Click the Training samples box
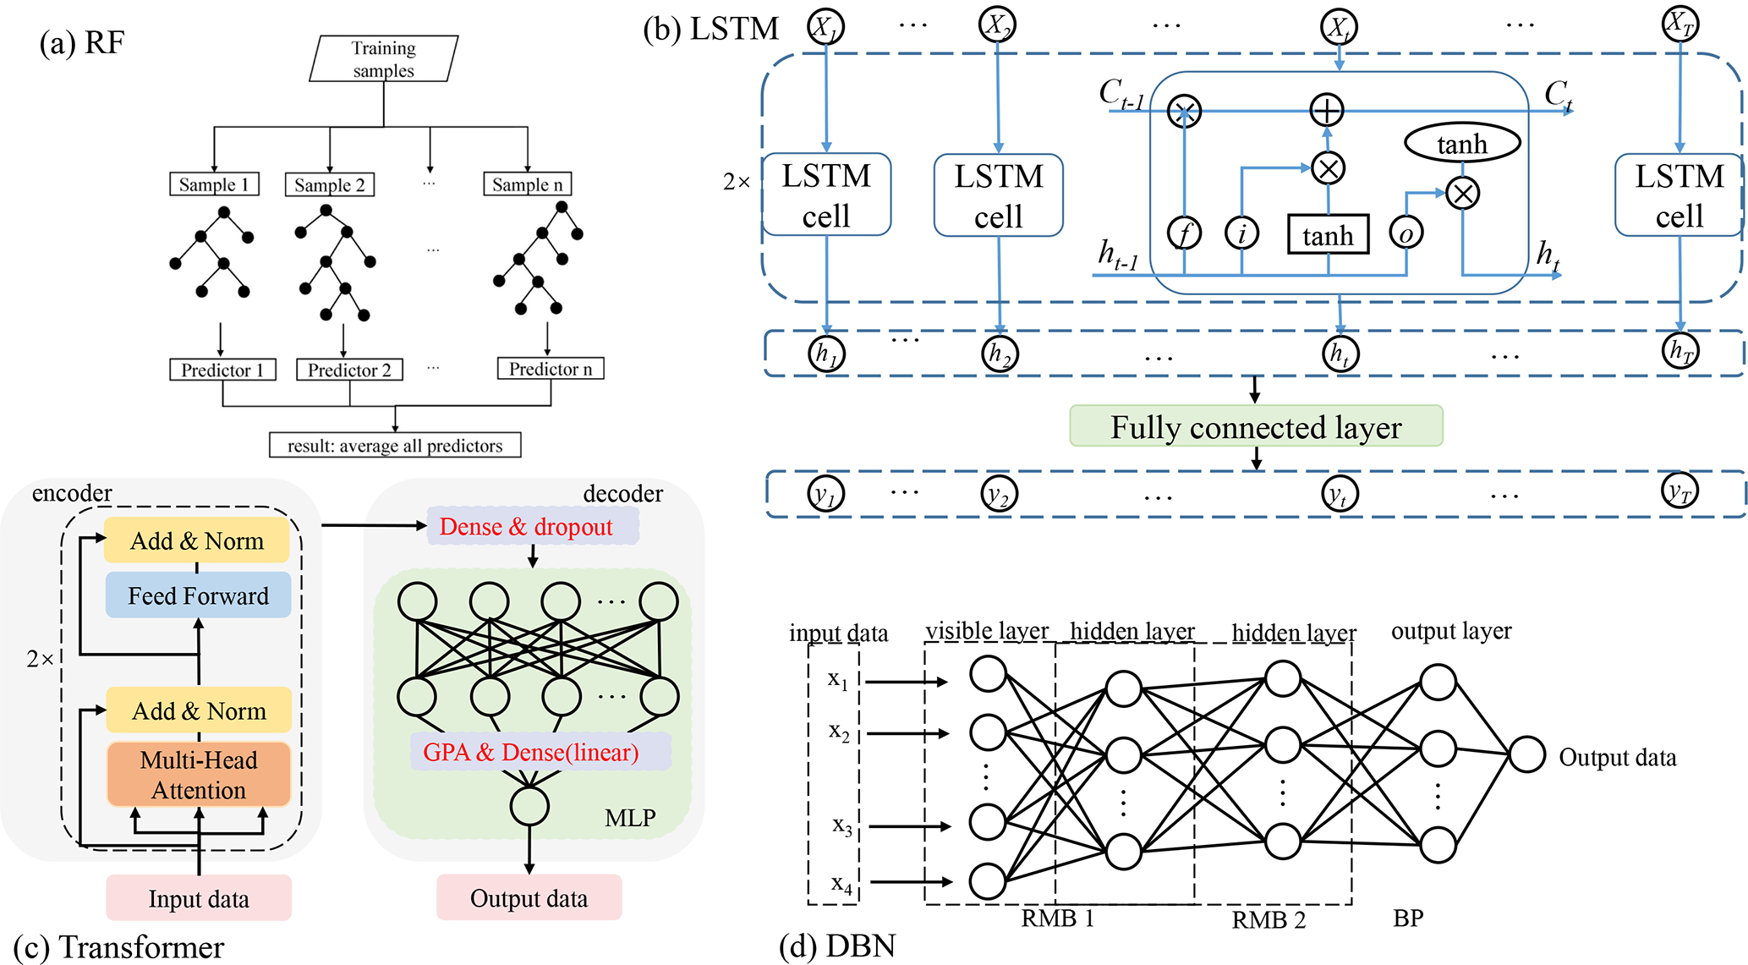384,58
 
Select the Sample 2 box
330,184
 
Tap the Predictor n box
551,369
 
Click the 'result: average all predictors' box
395,445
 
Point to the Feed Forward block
198,595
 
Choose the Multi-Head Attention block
199,775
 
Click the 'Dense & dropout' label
526,527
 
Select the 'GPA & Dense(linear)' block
531,752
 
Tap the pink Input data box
199,898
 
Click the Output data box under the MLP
529,898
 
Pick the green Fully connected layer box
1256,426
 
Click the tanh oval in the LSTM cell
1462,144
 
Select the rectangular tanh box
1328,235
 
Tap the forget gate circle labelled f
1184,233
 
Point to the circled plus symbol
1327,110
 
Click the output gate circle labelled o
1406,233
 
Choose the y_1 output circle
825,494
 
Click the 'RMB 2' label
1269,920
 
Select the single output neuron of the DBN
1527,754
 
